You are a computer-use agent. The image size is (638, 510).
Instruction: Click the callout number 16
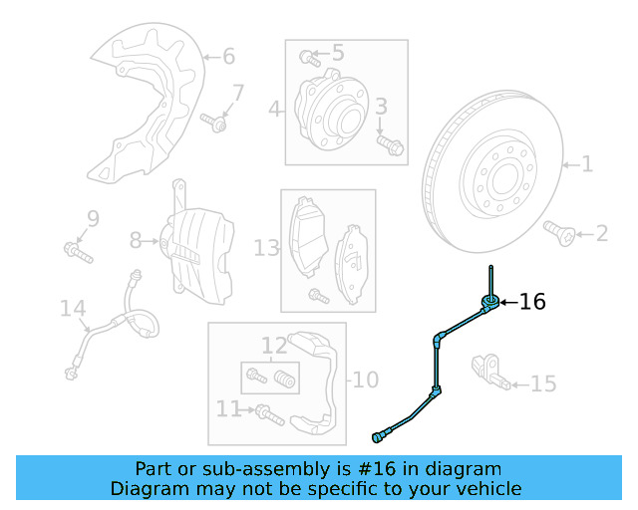533,302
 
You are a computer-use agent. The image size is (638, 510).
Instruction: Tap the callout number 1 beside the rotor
587,163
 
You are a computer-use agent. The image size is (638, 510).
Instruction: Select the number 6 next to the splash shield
228,56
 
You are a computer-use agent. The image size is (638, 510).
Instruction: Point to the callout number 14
73,309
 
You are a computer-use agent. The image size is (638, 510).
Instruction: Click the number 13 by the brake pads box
266,246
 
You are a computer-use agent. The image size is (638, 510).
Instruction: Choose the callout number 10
366,380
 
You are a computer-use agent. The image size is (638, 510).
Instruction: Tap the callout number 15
543,383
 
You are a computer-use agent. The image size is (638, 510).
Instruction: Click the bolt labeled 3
389,145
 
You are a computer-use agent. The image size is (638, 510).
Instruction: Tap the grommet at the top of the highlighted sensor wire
489,303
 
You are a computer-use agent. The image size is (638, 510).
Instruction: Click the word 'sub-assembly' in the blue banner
221,468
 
